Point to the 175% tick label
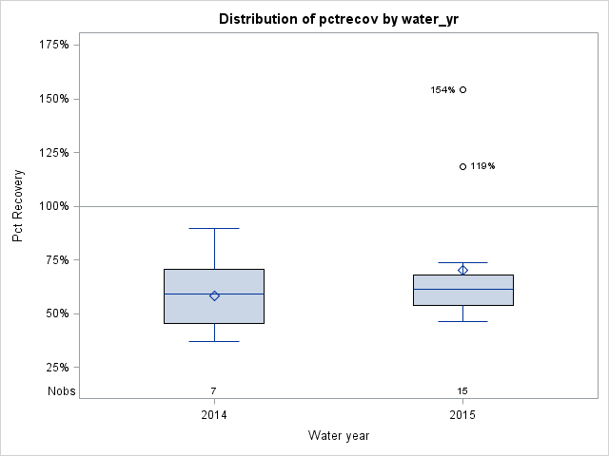pos(61,45)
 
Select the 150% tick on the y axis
pos(61,99)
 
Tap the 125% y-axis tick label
pos(61,152)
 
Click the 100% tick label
pos(61,206)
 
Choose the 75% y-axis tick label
pos(64,260)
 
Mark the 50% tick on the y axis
pos(64,313)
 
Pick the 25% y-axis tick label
pos(64,368)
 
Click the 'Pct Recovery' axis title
pos(19,206)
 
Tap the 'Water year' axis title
pos(338,435)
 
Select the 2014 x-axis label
pos(214,415)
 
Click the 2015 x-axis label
pos(462,415)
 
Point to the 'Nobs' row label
pos(61,390)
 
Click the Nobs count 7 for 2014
pos(214,390)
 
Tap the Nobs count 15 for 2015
pos(462,390)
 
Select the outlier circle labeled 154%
pos(462,90)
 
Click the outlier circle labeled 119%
pos(462,166)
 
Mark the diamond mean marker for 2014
pos(214,295)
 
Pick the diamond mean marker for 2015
pos(462,270)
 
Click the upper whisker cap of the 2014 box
pos(214,228)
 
